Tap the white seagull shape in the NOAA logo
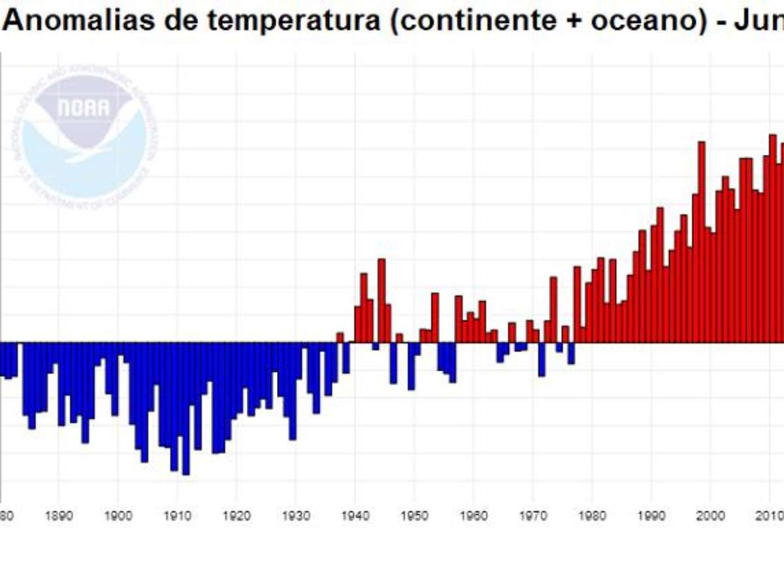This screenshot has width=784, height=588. pos(85,140)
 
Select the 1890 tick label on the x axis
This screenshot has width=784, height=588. pos(58,515)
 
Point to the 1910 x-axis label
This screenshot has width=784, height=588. pos(177,515)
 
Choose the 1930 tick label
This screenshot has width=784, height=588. pos(295,515)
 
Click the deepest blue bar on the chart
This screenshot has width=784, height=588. pos(186,408)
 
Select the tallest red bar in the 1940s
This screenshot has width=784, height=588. pos(382,301)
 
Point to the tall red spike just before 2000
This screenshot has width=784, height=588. pos(701,242)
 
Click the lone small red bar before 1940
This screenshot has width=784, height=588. pos(340,337)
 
